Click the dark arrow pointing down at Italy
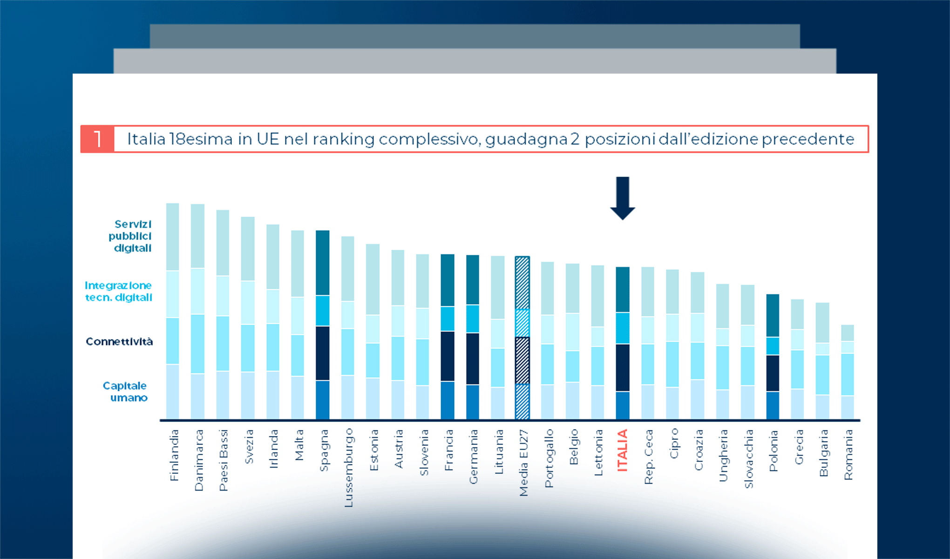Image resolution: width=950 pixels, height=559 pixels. [623, 198]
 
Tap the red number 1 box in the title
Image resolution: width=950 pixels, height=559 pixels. [97, 139]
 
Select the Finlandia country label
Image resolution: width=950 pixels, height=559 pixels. [174, 455]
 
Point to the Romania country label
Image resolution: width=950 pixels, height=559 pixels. [848, 455]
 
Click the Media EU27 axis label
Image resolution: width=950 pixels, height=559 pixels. [523, 463]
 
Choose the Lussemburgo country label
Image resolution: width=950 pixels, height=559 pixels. [348, 468]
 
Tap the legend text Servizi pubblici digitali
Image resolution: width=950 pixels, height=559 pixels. [131, 236]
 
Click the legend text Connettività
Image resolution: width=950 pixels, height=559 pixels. [119, 341]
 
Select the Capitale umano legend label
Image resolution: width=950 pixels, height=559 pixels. [125, 392]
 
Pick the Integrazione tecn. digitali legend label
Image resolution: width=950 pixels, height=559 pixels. [118, 291]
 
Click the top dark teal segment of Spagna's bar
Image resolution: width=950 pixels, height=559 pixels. [322, 263]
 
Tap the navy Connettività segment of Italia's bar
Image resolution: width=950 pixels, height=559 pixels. [623, 368]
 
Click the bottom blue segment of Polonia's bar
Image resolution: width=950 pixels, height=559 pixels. [773, 405]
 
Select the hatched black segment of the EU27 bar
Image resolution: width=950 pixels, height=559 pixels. [522, 360]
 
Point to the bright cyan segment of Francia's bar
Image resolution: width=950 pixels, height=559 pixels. [448, 319]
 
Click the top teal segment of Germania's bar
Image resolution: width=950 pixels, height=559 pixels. [473, 279]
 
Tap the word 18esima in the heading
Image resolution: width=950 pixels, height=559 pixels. [201, 139]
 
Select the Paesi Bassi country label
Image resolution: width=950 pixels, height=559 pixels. [224, 460]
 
